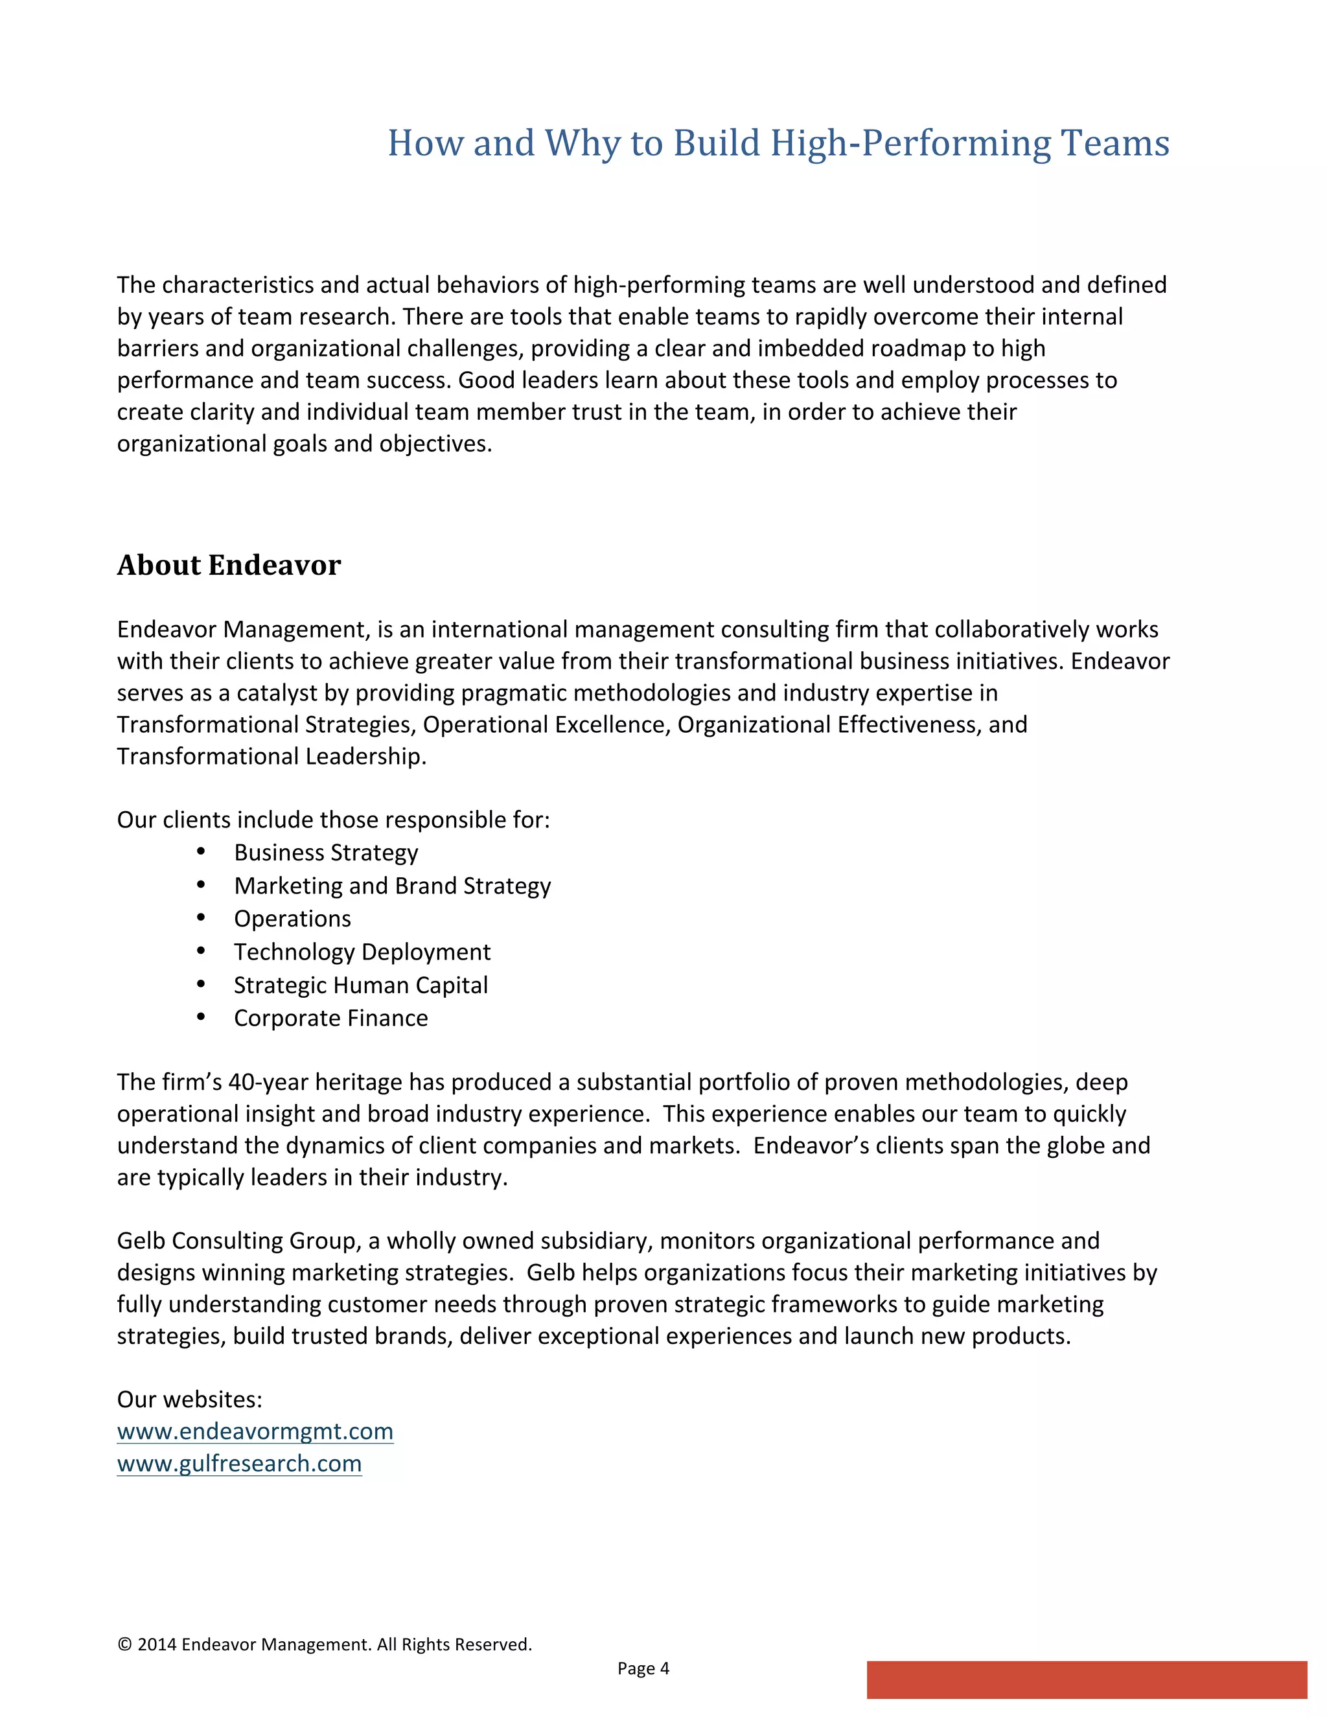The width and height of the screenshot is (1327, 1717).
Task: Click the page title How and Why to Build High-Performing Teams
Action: click(778, 143)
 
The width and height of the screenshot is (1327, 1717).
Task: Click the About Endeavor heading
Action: click(229, 565)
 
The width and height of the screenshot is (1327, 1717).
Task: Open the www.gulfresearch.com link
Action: click(239, 1463)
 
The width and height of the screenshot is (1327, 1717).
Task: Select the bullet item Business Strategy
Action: click(325, 853)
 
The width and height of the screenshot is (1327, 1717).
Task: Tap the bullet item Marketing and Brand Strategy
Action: click(392, 886)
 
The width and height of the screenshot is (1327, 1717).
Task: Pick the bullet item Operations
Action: click(292, 919)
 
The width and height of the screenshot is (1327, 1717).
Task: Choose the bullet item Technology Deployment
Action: click(362, 952)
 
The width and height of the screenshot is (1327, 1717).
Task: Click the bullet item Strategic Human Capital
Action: click(361, 985)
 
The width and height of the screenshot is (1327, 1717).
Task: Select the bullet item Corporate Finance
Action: click(331, 1018)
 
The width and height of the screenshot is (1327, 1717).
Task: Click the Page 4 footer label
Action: click(643, 1668)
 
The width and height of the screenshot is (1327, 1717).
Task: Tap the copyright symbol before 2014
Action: click(124, 1644)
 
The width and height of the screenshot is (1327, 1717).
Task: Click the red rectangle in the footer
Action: click(1087, 1679)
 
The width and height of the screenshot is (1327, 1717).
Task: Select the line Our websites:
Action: click(189, 1400)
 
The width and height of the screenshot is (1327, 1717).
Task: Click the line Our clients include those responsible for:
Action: click(333, 820)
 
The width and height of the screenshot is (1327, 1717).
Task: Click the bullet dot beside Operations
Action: click(202, 917)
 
